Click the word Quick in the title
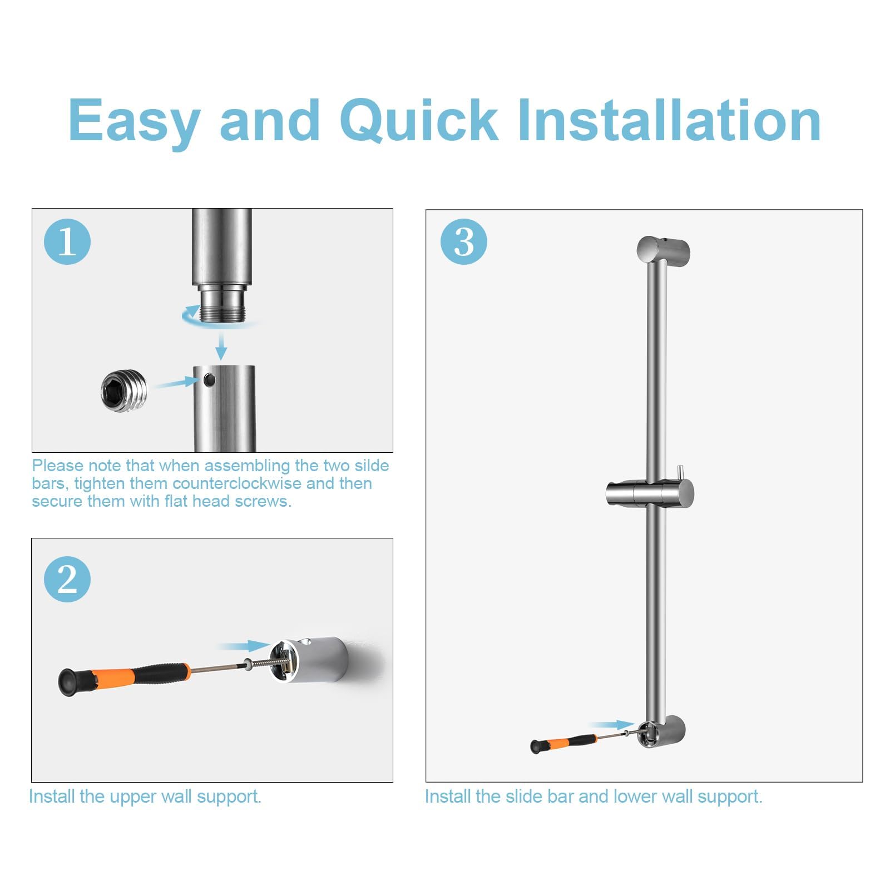pyautogui.click(x=419, y=121)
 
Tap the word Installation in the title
pyautogui.click(x=669, y=120)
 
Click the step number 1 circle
pyautogui.click(x=67, y=241)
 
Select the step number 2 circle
pyautogui.click(x=67, y=579)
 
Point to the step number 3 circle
pyautogui.click(x=463, y=241)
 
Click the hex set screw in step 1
pyautogui.click(x=124, y=392)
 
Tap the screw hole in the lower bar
pyautogui.click(x=209, y=380)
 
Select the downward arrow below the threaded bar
pyautogui.click(x=221, y=345)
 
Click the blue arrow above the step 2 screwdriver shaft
pyautogui.click(x=245, y=646)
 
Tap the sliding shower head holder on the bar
pyautogui.click(x=650, y=492)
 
